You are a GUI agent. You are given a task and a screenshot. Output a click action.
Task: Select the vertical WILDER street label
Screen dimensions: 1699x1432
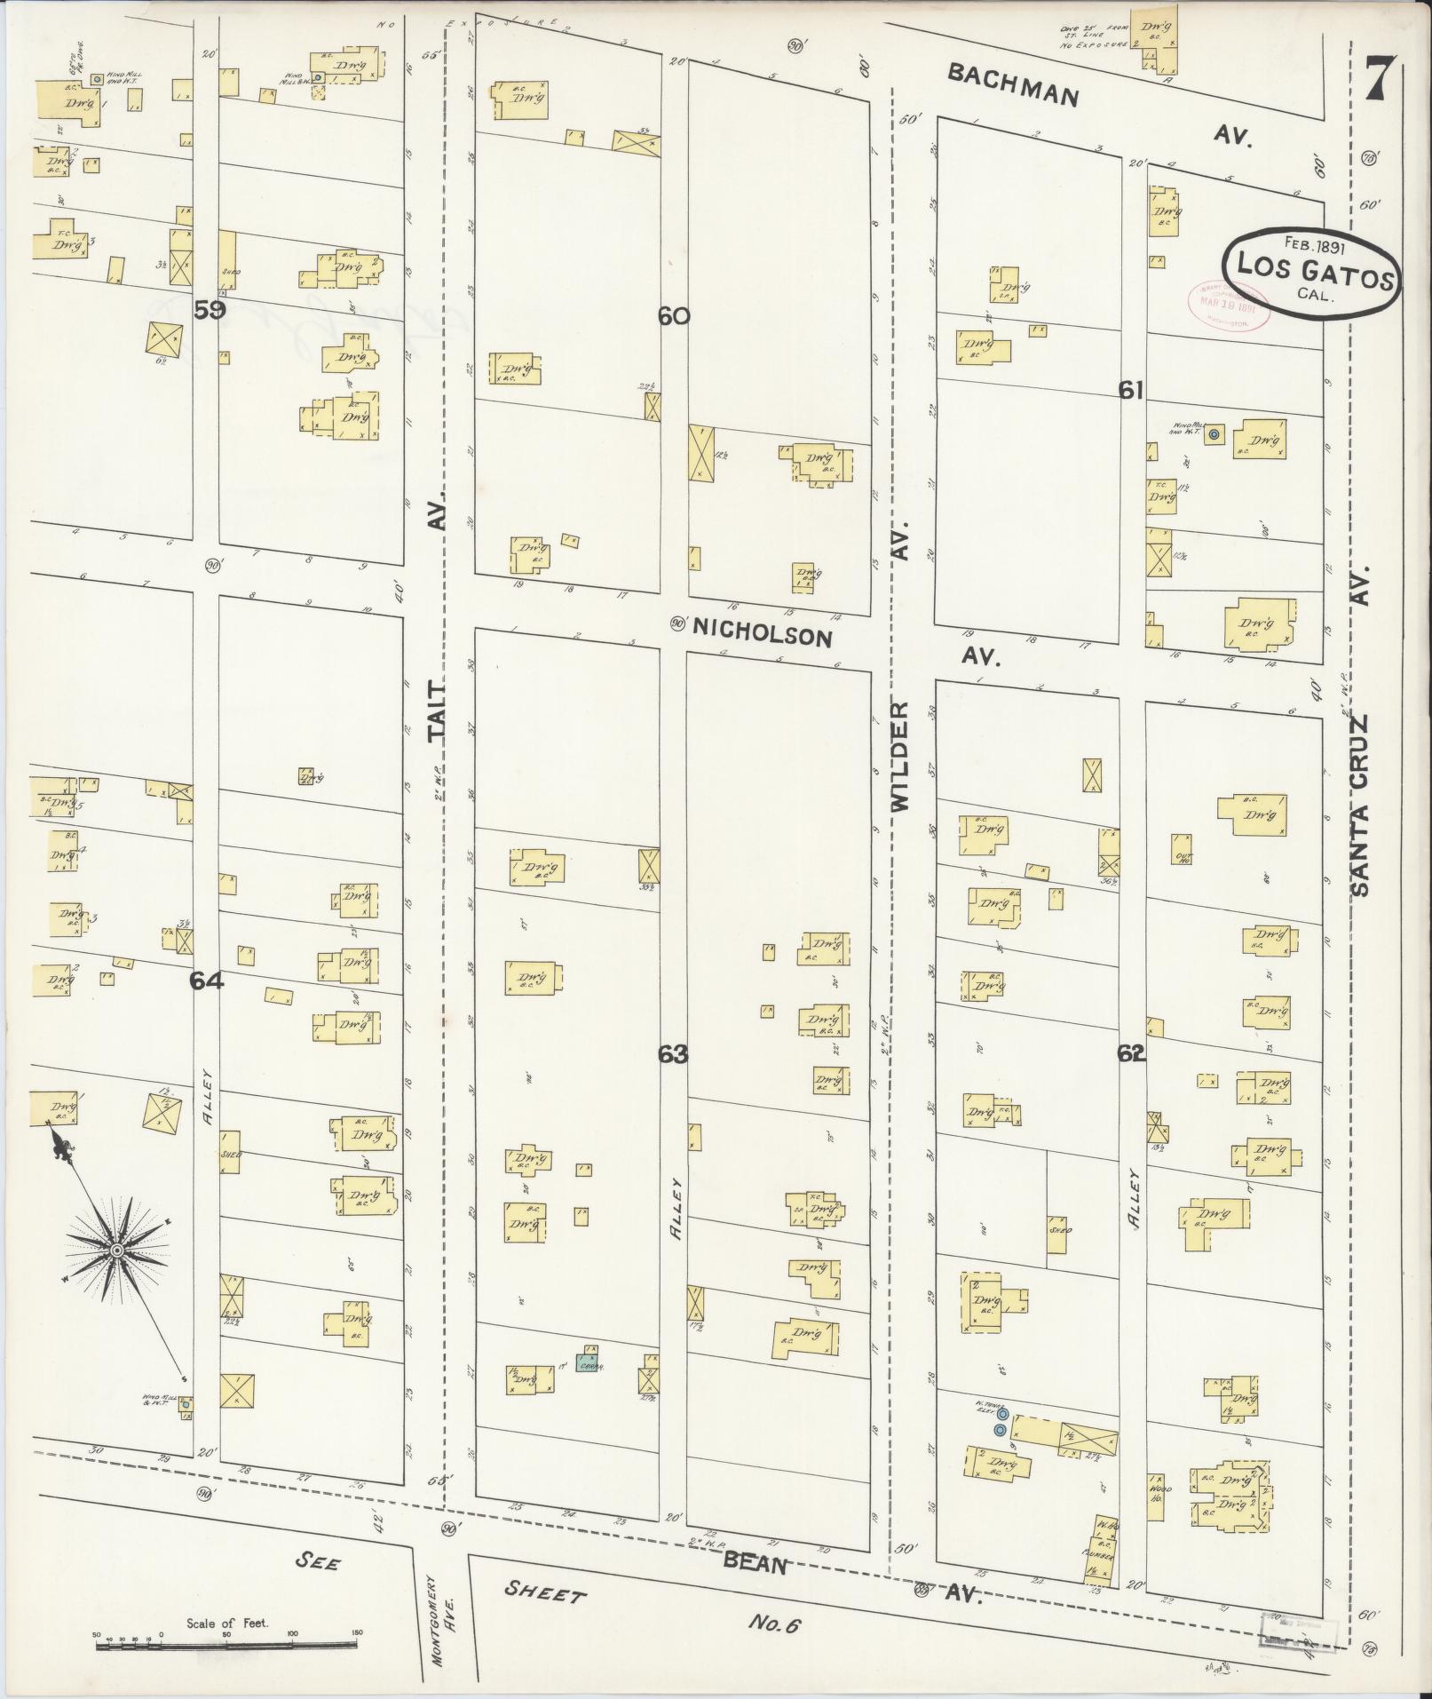click(901, 755)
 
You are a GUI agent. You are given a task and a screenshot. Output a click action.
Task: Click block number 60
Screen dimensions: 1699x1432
click(674, 315)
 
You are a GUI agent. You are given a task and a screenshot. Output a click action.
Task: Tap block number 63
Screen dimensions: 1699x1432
click(673, 1054)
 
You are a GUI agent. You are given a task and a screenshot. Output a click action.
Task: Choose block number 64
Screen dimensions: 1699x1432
click(205, 980)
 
